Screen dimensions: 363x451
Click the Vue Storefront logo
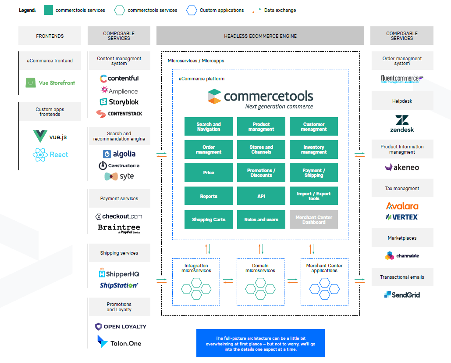click(x=50, y=83)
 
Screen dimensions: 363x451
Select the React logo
click(x=50, y=155)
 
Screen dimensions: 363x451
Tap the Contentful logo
click(x=119, y=79)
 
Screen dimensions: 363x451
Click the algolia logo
click(x=119, y=154)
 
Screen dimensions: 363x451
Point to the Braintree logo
click(x=119, y=228)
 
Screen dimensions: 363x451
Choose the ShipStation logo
click(x=119, y=285)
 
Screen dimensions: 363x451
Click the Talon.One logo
click(x=119, y=342)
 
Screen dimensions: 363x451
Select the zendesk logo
click(x=402, y=123)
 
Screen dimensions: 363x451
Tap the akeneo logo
click(x=402, y=167)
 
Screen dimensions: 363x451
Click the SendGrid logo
click(x=402, y=295)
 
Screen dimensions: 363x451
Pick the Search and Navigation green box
click(x=209, y=126)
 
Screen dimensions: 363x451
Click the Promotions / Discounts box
click(x=261, y=173)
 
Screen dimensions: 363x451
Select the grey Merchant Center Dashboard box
click(x=314, y=219)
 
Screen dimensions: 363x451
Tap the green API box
click(x=261, y=196)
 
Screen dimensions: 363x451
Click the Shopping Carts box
click(x=209, y=219)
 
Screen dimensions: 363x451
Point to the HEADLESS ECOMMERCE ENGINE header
click(x=260, y=36)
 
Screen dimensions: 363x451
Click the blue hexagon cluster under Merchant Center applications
click(x=324, y=288)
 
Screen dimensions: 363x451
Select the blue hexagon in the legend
click(x=191, y=10)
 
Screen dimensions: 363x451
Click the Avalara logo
click(x=402, y=205)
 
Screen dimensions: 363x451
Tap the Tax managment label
click(x=402, y=188)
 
